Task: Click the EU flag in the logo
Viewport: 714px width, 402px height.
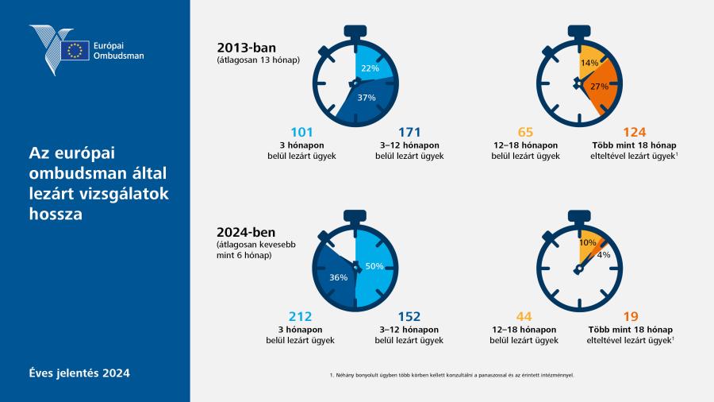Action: coord(75,50)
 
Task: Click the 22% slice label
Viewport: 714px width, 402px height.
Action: coord(370,68)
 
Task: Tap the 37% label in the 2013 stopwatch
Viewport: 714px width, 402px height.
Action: coord(367,98)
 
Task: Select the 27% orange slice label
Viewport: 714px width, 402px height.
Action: coord(599,86)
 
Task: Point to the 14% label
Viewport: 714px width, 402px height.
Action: coord(589,63)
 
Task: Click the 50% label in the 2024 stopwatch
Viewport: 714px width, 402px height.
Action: coord(374,266)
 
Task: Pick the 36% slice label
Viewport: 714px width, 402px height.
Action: coord(338,277)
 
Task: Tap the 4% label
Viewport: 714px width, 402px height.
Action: coord(604,255)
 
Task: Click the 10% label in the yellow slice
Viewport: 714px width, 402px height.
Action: coord(587,243)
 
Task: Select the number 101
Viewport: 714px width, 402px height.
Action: coord(302,132)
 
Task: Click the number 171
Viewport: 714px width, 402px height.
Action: coord(409,132)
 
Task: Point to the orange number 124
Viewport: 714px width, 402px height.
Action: coord(635,132)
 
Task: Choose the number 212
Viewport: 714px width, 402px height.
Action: coord(300,316)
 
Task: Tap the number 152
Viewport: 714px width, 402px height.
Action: coord(409,316)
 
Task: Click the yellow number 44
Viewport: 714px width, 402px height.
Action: coord(524,316)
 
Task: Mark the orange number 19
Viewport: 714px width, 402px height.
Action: coord(631,316)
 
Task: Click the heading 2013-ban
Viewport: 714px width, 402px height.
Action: coord(247,48)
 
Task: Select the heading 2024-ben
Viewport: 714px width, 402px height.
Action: coord(246,233)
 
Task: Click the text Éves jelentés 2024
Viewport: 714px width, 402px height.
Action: coord(79,373)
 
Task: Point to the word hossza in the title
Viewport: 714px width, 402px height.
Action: coord(56,214)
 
